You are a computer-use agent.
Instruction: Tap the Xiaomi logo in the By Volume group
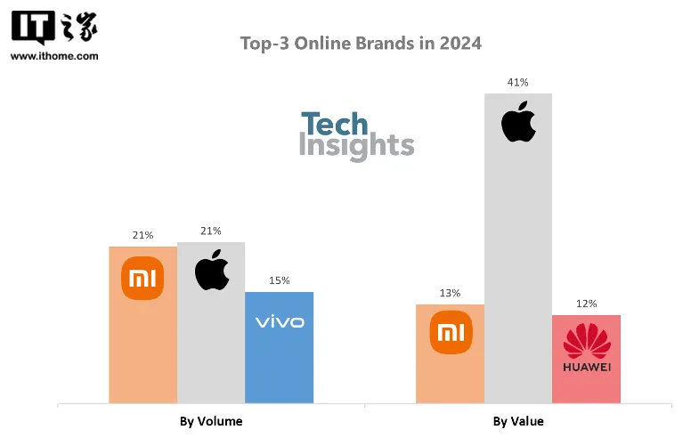(x=142, y=279)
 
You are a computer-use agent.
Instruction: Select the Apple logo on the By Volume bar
(x=212, y=271)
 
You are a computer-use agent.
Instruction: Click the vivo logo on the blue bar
(x=280, y=321)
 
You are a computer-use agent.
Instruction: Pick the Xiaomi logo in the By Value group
(x=451, y=333)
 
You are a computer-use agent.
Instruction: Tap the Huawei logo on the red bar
(x=586, y=347)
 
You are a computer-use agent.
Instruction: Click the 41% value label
(x=518, y=82)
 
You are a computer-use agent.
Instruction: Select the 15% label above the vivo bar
(x=280, y=280)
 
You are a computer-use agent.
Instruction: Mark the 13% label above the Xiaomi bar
(x=450, y=293)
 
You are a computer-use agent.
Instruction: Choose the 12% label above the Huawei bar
(x=586, y=304)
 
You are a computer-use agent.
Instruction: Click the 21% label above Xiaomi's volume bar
(x=142, y=235)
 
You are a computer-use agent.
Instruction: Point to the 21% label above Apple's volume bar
(x=211, y=231)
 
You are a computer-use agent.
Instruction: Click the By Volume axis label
(x=211, y=421)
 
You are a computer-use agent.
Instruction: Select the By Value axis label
(x=518, y=421)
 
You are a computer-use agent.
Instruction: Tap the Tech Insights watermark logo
(x=356, y=135)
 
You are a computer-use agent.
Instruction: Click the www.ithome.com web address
(x=54, y=56)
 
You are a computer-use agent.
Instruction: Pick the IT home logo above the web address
(x=54, y=28)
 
